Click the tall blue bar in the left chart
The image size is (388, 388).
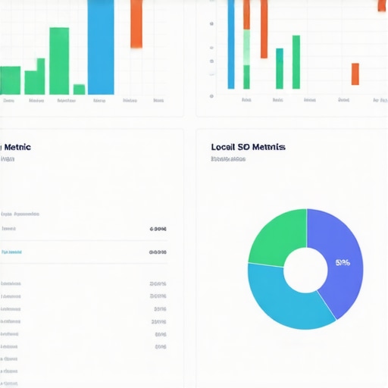click(x=101, y=45)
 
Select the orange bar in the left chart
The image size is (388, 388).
click(x=136, y=23)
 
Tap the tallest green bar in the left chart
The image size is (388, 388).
click(x=59, y=61)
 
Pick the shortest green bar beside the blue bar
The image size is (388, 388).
click(x=79, y=89)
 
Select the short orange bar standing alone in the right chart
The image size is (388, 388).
click(x=355, y=74)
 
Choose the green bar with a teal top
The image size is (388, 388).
click(x=280, y=69)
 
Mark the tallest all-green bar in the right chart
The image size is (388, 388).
click(x=296, y=62)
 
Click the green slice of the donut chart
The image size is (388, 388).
click(x=277, y=236)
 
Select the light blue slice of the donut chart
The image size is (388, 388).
click(x=288, y=299)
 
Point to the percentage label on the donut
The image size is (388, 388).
click(x=342, y=263)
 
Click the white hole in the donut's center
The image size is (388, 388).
click(x=305, y=269)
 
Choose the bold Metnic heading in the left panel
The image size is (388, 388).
click(x=17, y=146)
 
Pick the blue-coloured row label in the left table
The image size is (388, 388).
click(x=11, y=252)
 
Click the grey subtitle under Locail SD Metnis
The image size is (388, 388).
click(x=228, y=159)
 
